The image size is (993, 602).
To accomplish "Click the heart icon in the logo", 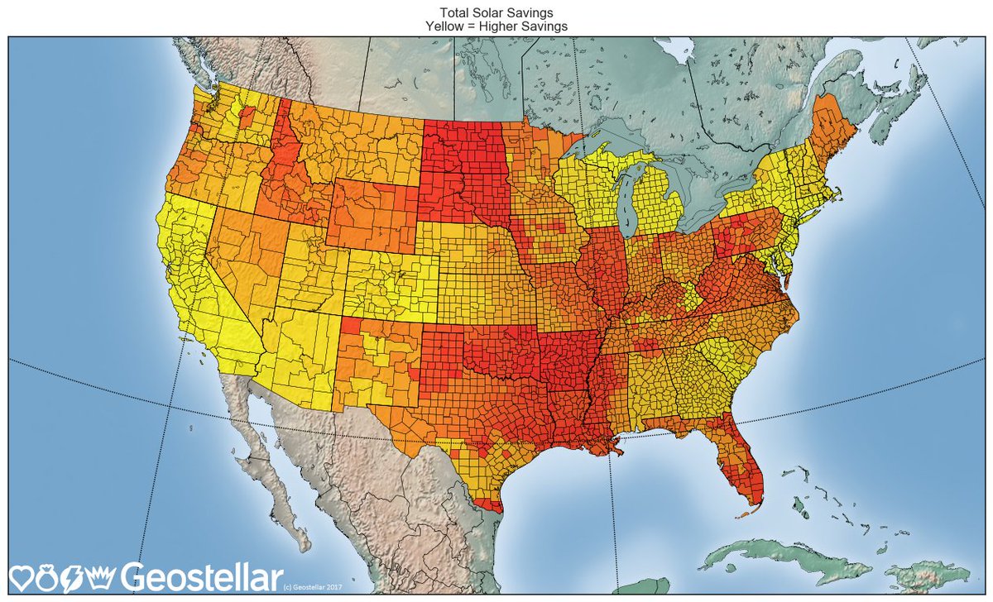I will (22, 576).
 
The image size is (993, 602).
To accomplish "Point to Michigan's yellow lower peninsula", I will (662, 207).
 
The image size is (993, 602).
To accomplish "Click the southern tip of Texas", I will (488, 501).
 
